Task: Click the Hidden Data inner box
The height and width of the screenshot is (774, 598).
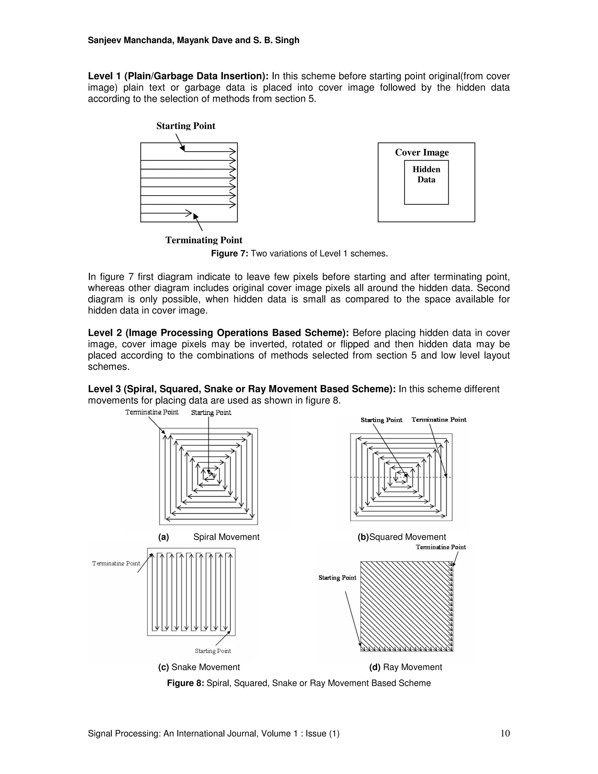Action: pyautogui.click(x=426, y=183)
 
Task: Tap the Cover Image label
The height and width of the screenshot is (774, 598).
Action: pyautogui.click(x=422, y=152)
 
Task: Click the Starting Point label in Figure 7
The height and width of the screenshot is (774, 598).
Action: pyautogui.click(x=186, y=126)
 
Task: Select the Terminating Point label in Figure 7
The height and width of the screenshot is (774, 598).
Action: pyautogui.click(x=204, y=240)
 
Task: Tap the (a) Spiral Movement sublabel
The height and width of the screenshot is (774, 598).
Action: pyautogui.click(x=209, y=537)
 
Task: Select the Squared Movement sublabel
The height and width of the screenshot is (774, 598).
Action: pyautogui.click(x=402, y=537)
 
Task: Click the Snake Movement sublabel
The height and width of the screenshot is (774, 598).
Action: pyautogui.click(x=199, y=667)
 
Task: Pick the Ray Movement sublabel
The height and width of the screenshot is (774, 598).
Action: pyautogui.click(x=405, y=667)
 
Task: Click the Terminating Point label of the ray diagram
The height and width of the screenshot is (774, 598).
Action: pyautogui.click(x=441, y=547)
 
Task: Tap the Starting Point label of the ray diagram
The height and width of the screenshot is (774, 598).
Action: pyautogui.click(x=337, y=578)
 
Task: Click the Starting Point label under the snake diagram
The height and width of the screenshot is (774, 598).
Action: pyautogui.click(x=213, y=651)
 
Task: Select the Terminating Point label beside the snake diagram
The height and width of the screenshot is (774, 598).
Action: pyautogui.click(x=116, y=563)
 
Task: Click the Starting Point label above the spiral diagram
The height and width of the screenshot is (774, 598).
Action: pyautogui.click(x=211, y=412)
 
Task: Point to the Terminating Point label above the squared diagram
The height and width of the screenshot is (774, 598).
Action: pyautogui.click(x=439, y=420)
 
